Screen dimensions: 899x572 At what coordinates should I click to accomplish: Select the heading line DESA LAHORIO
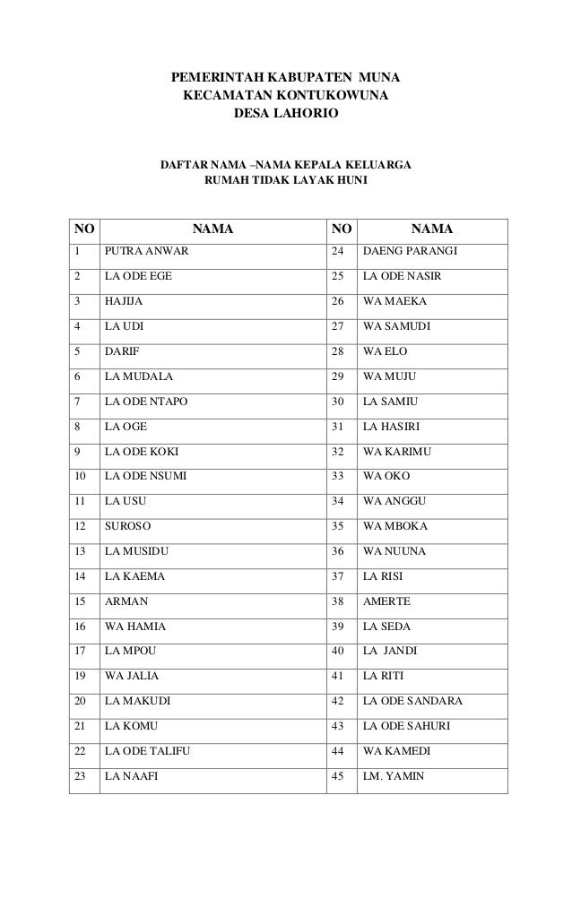tap(286, 115)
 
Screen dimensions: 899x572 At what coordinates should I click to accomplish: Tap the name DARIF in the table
tap(120, 350)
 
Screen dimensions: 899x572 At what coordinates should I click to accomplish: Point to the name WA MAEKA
tap(394, 300)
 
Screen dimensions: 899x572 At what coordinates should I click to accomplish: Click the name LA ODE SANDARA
tap(412, 702)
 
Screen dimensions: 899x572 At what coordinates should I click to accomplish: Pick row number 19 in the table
tap(82, 677)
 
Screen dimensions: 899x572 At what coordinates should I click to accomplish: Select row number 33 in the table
tap(337, 476)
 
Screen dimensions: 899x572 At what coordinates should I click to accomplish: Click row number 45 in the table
tap(337, 777)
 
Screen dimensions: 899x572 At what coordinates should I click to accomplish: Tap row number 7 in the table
tap(79, 401)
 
